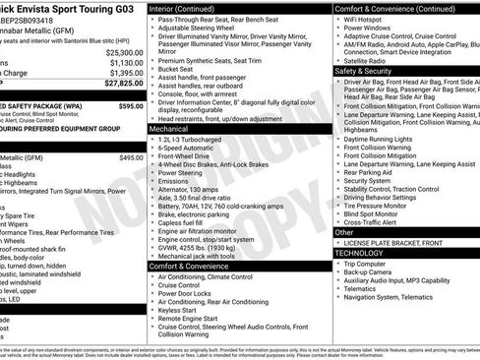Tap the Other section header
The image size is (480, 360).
click(x=343, y=232)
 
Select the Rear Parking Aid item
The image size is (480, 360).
click(x=369, y=172)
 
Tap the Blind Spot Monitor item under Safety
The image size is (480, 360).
click(x=371, y=212)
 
